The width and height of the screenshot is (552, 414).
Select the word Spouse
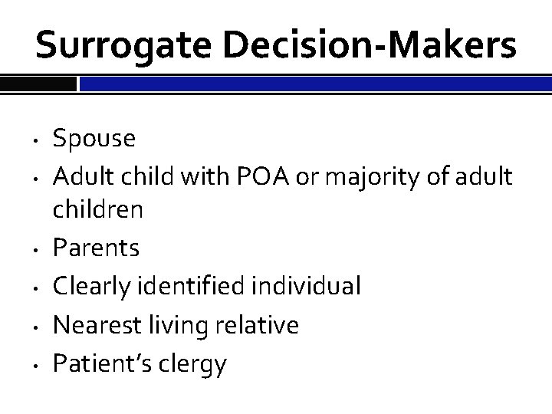(x=94, y=139)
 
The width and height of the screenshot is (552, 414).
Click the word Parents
(x=96, y=249)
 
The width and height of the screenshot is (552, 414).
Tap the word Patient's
(x=103, y=364)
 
